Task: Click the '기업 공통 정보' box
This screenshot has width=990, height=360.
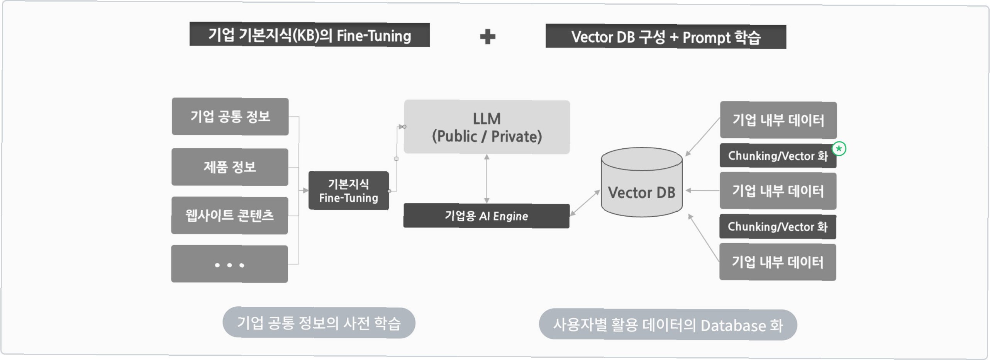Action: pyautogui.click(x=230, y=116)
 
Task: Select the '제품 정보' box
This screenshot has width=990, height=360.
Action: pyautogui.click(x=230, y=167)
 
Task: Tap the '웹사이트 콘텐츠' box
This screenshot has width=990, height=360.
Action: pyautogui.click(x=229, y=215)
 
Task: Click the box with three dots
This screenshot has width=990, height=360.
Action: pyautogui.click(x=229, y=264)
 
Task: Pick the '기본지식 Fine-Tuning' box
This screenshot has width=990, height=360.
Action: pyautogui.click(x=348, y=190)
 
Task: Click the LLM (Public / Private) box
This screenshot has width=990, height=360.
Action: pyautogui.click(x=487, y=127)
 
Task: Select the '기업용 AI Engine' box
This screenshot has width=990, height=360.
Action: pyautogui.click(x=486, y=216)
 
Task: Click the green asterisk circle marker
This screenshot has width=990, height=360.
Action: pyautogui.click(x=839, y=149)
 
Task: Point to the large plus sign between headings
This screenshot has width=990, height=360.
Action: pyautogui.click(x=487, y=37)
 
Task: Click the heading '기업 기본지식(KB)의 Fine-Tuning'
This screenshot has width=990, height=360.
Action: pyautogui.click(x=309, y=35)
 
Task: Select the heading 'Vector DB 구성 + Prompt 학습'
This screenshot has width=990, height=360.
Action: pyautogui.click(x=666, y=37)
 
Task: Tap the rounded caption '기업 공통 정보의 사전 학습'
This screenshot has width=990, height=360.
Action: pyautogui.click(x=319, y=323)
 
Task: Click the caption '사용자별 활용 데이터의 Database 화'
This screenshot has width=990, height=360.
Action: pyautogui.click(x=668, y=325)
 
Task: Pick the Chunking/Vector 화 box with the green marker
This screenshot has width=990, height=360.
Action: pyautogui.click(x=778, y=156)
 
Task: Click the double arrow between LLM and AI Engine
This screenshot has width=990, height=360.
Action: pyautogui.click(x=487, y=178)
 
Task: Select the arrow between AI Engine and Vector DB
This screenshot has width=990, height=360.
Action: pyautogui.click(x=585, y=202)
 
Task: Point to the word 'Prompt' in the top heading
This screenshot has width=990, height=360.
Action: pyautogui.click(x=707, y=37)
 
